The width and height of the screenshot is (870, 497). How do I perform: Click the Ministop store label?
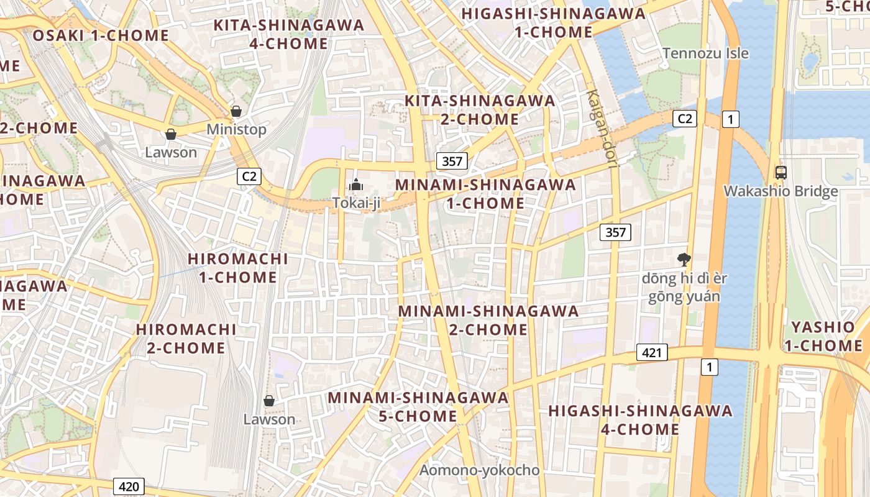click(236, 129)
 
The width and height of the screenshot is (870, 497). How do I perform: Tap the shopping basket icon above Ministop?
click(236, 111)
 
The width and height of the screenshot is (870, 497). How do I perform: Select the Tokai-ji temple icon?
click(356, 184)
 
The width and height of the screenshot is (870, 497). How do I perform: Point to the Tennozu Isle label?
click(705, 53)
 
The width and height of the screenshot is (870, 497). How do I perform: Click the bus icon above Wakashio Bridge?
click(781, 173)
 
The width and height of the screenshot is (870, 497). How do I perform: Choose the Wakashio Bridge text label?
click(781, 191)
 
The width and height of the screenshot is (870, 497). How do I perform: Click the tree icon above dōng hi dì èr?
click(684, 260)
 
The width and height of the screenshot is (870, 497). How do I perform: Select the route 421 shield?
click(651, 353)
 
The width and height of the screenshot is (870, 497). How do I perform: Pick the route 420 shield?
click(129, 486)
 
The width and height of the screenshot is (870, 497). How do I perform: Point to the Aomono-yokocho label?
click(479, 470)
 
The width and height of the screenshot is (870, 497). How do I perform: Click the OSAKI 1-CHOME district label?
click(101, 35)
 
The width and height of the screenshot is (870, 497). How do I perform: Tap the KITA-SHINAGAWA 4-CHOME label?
click(288, 34)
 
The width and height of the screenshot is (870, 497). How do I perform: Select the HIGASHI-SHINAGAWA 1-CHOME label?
click(554, 22)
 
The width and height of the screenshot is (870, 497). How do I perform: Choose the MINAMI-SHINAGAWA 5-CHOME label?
click(418, 406)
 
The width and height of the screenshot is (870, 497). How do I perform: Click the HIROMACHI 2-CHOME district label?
click(186, 339)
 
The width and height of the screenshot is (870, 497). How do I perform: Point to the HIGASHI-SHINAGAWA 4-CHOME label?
click(640, 420)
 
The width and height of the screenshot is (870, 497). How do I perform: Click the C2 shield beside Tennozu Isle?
click(685, 119)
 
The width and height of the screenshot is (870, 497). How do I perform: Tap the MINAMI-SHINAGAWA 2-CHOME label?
click(488, 320)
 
